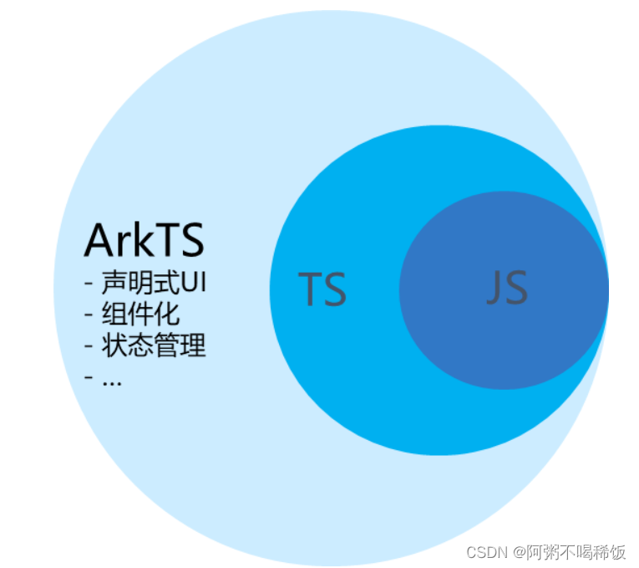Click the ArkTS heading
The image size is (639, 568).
(x=144, y=240)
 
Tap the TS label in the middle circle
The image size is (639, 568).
(x=322, y=289)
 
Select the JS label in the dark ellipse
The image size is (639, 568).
(x=507, y=288)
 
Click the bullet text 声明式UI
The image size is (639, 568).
(x=154, y=282)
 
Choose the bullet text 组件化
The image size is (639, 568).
(x=140, y=314)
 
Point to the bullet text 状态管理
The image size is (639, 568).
(x=154, y=345)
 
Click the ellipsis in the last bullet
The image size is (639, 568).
(x=111, y=379)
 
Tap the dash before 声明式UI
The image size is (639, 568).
(x=89, y=283)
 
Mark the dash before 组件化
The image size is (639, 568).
(x=89, y=315)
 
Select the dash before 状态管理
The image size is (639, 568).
(x=89, y=345)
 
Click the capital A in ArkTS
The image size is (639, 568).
(x=99, y=240)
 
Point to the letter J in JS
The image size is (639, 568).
(x=494, y=289)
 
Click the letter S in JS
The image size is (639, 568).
(x=515, y=288)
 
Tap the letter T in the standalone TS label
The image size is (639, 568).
(x=310, y=289)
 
